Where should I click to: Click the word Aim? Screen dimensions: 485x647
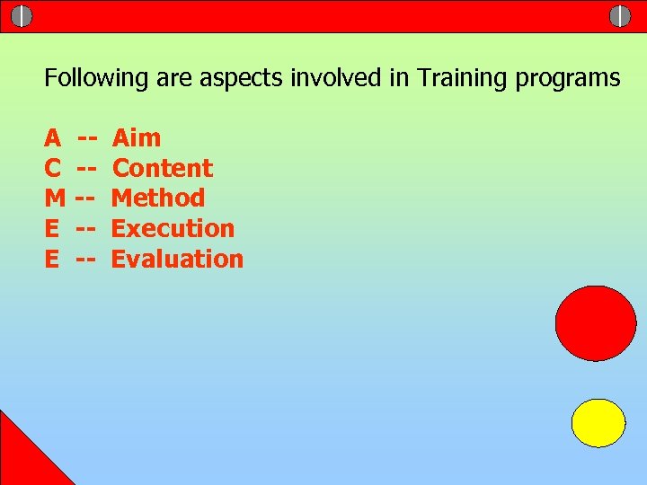(x=137, y=138)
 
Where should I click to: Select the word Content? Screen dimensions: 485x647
(x=163, y=168)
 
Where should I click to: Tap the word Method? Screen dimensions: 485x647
(x=158, y=198)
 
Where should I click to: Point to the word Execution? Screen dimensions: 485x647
(x=173, y=228)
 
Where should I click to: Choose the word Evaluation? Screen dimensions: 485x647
(x=177, y=259)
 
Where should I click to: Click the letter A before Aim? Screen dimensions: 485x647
(x=53, y=138)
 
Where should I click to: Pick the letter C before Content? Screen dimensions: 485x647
(x=53, y=168)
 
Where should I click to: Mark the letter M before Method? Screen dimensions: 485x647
(x=55, y=198)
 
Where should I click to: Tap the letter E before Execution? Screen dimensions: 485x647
(x=52, y=228)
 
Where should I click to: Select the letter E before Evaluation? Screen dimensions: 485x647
(x=52, y=259)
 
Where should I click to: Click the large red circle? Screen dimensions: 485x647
(x=596, y=323)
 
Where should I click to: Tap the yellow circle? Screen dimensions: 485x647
(x=598, y=423)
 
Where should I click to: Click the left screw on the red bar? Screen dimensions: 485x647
(x=22, y=16)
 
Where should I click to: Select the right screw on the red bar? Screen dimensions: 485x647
(x=620, y=16)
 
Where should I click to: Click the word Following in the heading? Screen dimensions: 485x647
(x=96, y=78)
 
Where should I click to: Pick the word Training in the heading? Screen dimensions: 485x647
(x=462, y=78)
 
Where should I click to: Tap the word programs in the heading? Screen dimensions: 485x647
(x=568, y=78)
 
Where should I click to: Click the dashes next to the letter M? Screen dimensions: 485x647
(x=84, y=198)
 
